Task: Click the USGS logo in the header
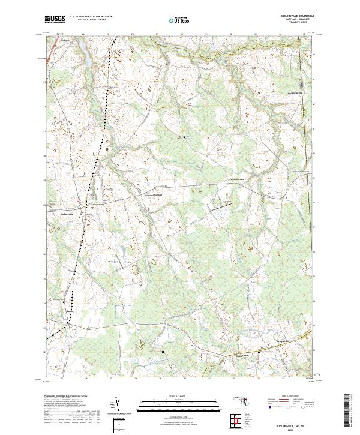(55, 19)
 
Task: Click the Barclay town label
(71, 312)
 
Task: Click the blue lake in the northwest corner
(85, 57)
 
